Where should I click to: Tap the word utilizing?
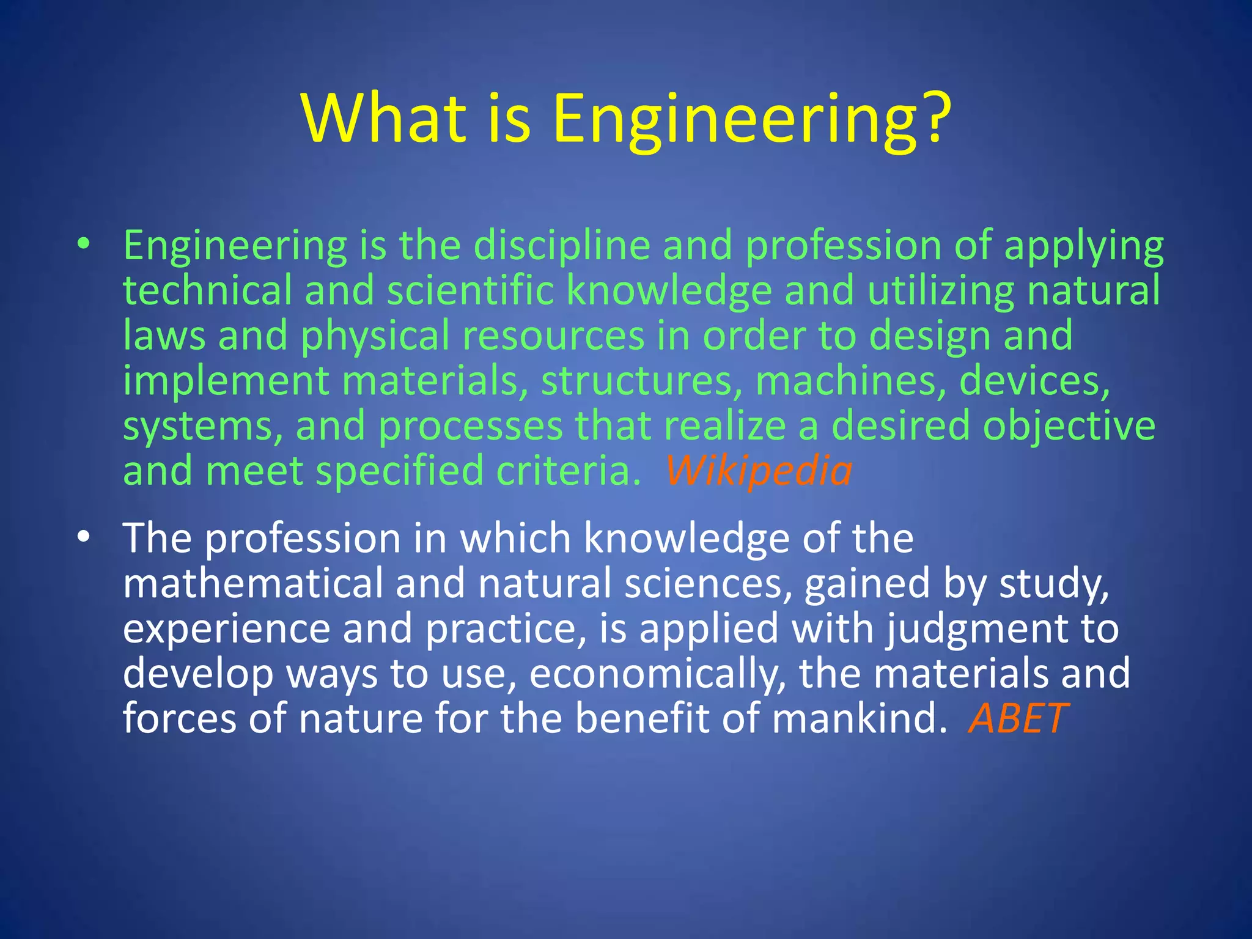[941, 291]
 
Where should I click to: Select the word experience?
[226, 629]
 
